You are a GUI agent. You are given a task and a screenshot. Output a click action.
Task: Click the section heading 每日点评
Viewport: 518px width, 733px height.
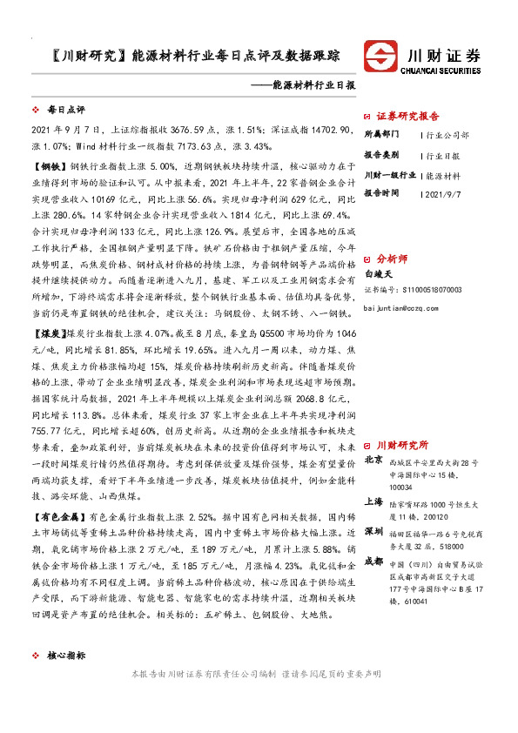65,111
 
